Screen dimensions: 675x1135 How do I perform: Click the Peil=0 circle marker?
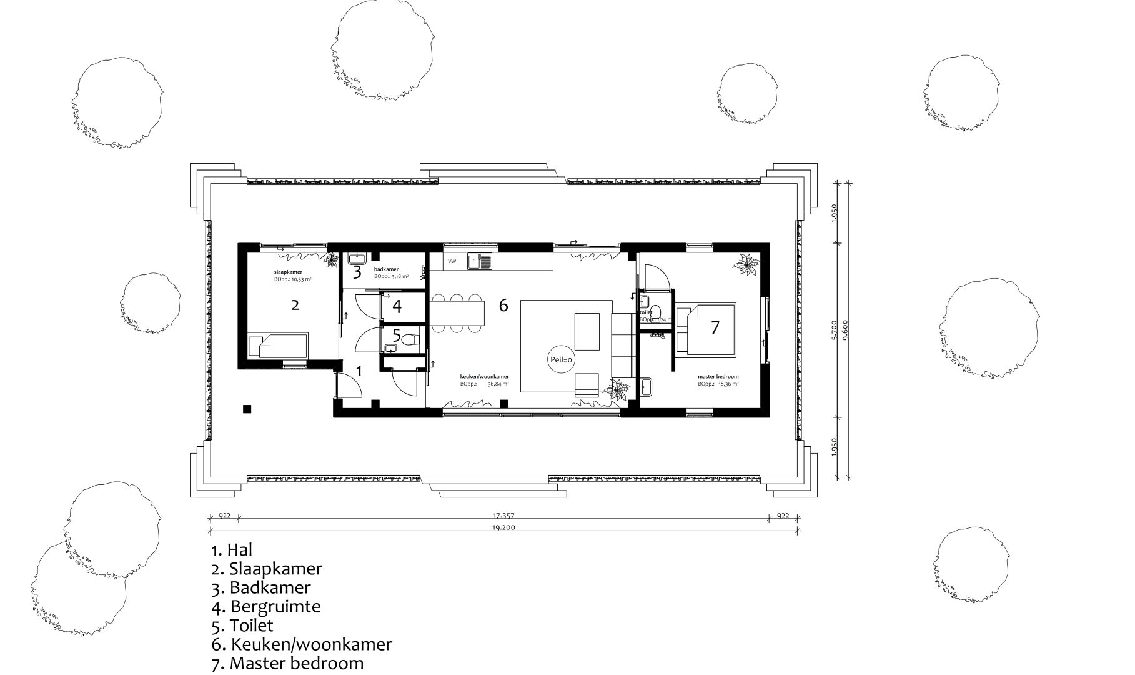click(562, 360)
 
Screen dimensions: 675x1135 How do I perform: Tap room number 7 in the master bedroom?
click(715, 327)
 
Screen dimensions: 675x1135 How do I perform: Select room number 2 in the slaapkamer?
click(295, 305)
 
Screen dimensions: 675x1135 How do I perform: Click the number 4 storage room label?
click(397, 306)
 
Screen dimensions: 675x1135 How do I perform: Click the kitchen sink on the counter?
click(480, 261)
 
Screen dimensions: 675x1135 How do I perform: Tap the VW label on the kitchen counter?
click(452, 261)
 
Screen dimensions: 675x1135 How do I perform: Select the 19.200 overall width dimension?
click(503, 527)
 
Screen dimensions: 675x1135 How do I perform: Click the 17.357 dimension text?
click(503, 516)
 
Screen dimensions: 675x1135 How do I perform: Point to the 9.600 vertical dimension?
click(846, 328)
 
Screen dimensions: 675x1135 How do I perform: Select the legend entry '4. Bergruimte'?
click(266, 606)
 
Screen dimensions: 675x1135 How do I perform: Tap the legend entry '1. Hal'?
click(232, 550)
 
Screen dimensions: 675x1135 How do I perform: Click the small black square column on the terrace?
click(247, 409)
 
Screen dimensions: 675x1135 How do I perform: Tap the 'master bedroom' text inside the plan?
click(718, 377)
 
